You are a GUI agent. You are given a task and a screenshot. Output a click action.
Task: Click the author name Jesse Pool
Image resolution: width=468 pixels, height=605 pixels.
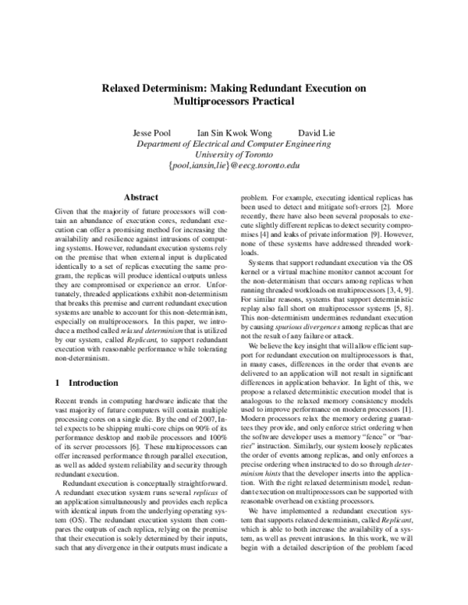tap(158, 133)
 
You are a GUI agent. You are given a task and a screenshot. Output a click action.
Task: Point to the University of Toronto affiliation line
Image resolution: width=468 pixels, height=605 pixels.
tap(234, 155)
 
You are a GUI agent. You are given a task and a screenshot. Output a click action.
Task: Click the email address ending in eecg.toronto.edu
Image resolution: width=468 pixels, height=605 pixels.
tap(234, 166)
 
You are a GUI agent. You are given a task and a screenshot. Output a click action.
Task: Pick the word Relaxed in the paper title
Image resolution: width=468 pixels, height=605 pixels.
tap(124, 89)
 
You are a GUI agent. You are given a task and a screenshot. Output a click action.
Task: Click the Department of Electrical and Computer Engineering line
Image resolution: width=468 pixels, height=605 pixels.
tap(234, 144)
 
